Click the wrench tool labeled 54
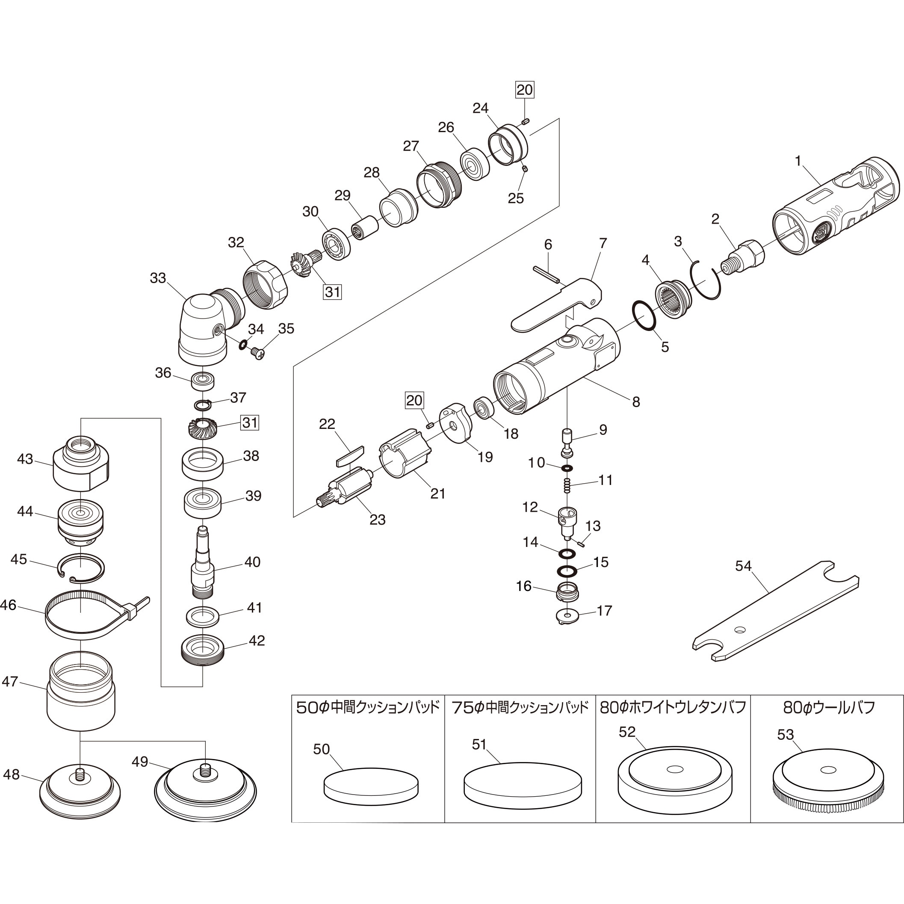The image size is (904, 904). click(x=774, y=611)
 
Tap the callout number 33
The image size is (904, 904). click(x=158, y=278)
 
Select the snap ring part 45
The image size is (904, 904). click(x=81, y=568)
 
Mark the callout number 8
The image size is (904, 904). click(x=635, y=402)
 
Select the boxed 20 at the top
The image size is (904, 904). click(x=525, y=89)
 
